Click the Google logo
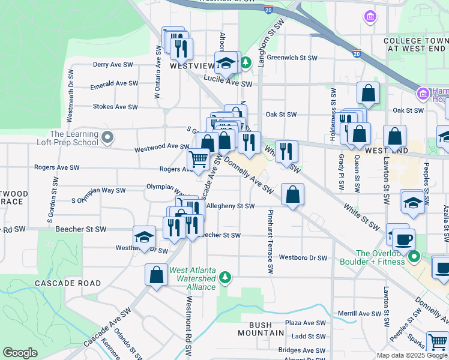(x=20, y=353)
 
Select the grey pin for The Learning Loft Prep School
(x=107, y=138)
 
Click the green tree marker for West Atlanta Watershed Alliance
(x=225, y=277)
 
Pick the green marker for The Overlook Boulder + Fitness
(x=414, y=257)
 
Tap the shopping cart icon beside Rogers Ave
(x=199, y=159)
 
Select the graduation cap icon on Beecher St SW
(x=144, y=237)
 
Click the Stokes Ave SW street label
(x=116, y=107)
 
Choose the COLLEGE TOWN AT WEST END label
(x=416, y=44)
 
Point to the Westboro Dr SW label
(x=303, y=258)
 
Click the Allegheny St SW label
(x=231, y=206)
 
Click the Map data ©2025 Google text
(x=411, y=355)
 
